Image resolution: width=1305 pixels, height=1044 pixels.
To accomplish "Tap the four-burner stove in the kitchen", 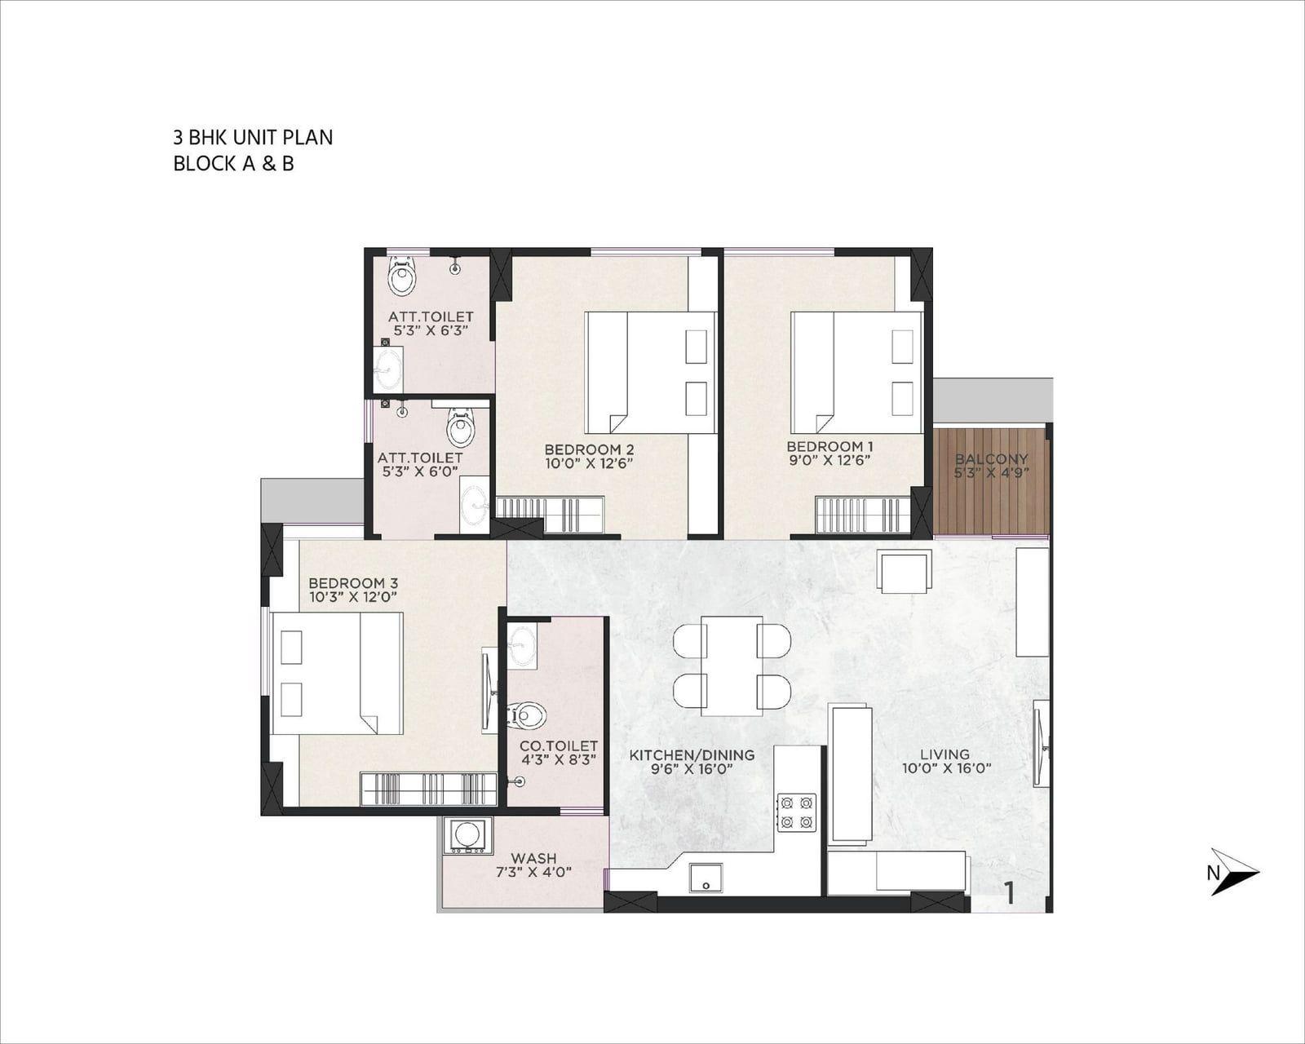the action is (x=797, y=812).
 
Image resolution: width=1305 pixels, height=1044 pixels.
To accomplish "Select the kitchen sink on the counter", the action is (x=706, y=878).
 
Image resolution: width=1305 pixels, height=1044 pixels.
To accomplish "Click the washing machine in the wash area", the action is (x=467, y=836).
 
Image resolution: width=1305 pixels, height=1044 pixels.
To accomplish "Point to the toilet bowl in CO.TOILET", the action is (x=529, y=716).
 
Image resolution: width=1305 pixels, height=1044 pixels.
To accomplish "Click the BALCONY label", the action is (x=992, y=458).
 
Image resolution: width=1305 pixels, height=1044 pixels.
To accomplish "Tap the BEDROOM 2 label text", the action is (x=589, y=449).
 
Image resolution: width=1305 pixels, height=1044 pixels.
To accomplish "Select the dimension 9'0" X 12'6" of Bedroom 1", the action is (x=829, y=460).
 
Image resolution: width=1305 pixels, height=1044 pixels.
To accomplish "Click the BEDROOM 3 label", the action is (x=353, y=583).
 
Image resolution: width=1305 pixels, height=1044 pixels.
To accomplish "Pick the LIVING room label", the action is (x=944, y=754).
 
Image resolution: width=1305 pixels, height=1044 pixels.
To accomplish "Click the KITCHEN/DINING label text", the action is (x=692, y=755).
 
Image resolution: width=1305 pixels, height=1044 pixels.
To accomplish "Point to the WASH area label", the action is (x=533, y=858).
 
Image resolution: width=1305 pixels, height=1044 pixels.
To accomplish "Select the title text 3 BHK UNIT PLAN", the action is (x=253, y=138).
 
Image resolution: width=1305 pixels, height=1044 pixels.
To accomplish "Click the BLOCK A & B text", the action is (x=233, y=164).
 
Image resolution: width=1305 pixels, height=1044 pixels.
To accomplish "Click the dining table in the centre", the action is (x=732, y=666).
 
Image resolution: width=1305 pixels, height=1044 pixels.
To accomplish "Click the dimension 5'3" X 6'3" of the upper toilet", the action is (x=431, y=330).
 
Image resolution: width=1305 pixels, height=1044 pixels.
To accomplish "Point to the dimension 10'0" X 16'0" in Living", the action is (x=947, y=768).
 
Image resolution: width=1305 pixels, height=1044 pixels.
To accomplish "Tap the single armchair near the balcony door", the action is (x=905, y=571).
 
